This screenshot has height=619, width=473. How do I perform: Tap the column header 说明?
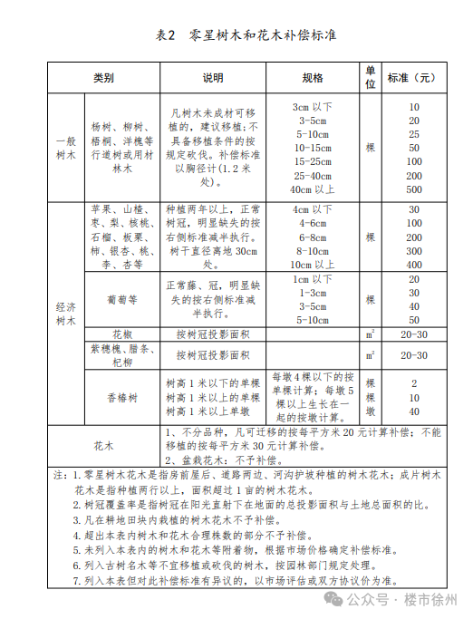212,78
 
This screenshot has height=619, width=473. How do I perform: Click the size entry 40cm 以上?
313,189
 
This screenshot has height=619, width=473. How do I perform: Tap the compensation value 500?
414,189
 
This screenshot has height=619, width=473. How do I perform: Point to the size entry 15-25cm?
313,161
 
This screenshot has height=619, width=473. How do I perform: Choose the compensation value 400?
414,264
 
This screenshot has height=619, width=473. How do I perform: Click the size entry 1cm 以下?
313,279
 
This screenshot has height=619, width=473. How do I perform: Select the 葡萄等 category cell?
121,299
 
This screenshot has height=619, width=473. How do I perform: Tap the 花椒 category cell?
121,334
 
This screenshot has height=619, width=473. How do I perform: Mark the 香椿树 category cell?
121,397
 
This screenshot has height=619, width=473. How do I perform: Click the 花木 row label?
103,446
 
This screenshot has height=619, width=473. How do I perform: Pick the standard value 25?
414,134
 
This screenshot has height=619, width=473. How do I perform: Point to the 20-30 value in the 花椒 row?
414,334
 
